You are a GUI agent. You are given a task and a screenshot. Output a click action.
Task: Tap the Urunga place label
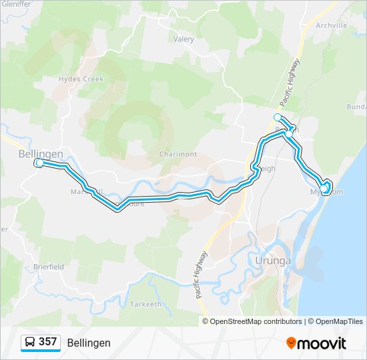(273, 261)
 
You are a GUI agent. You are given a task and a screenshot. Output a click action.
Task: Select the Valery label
(183, 39)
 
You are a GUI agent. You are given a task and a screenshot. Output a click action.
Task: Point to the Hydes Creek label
(81, 79)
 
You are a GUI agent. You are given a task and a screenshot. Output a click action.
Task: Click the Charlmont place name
(178, 154)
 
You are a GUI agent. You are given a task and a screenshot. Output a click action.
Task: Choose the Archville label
(332, 25)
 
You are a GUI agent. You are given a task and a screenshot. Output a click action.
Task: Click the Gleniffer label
(16, 4)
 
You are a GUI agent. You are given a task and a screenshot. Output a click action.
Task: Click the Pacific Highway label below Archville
(290, 83)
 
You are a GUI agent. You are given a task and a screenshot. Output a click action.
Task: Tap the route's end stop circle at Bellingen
(39, 163)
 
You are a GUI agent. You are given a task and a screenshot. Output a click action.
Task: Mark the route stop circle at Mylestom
(325, 190)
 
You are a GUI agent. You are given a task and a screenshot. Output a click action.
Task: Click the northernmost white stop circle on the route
(278, 117)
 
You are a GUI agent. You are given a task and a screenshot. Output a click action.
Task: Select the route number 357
(47, 342)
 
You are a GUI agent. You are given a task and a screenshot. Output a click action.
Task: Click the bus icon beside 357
(30, 342)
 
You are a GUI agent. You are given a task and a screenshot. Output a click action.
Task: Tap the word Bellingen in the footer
(89, 343)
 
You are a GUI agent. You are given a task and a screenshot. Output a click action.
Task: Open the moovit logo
(316, 343)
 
